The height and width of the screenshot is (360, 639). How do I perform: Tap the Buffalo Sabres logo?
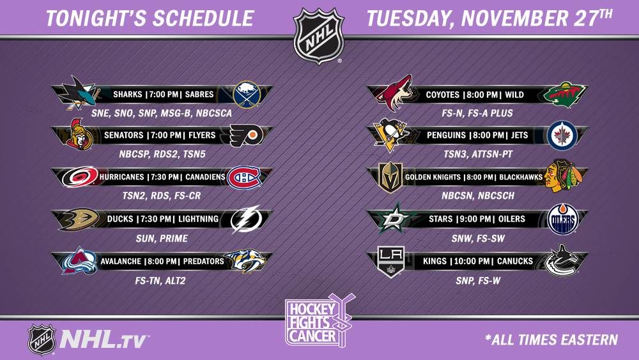pyautogui.click(x=247, y=95)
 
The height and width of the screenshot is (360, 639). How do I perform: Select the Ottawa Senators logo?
pyautogui.click(x=79, y=134)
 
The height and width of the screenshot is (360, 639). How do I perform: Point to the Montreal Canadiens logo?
pyautogui.click(x=244, y=178)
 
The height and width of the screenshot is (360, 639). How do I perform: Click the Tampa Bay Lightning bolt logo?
pyautogui.click(x=246, y=219)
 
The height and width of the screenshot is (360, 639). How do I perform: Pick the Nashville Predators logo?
pyautogui.click(x=245, y=261)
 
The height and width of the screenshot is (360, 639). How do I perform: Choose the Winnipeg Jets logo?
pyautogui.click(x=562, y=136)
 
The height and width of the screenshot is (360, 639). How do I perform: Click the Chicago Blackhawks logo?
pyautogui.click(x=564, y=176)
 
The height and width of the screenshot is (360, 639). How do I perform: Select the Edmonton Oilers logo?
pyautogui.click(x=562, y=219)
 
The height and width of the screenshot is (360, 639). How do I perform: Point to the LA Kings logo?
pyautogui.click(x=391, y=262)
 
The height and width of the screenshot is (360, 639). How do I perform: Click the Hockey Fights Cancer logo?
pyautogui.click(x=319, y=321)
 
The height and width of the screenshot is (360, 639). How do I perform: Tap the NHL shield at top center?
pyautogui.click(x=319, y=36)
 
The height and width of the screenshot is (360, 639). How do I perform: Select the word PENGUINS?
pyautogui.click(x=446, y=136)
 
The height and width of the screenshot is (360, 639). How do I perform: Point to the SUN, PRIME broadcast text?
pyautogui.click(x=162, y=239)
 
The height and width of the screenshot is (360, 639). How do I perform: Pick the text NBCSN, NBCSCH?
pyautogui.click(x=478, y=196)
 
